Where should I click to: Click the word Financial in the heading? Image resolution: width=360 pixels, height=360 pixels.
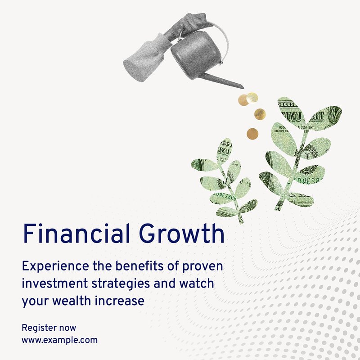[x=76, y=233]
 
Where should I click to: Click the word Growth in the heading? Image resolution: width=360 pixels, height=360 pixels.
[x=182, y=233]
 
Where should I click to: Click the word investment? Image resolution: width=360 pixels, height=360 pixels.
[x=55, y=283]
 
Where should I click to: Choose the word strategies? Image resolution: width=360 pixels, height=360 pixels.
[x=121, y=284]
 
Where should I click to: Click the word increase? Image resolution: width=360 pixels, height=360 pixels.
[x=120, y=301]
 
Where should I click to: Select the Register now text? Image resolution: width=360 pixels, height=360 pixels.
[x=49, y=328]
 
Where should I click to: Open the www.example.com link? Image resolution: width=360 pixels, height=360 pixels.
[x=59, y=340]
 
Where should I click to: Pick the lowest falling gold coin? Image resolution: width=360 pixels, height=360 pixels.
[x=252, y=134]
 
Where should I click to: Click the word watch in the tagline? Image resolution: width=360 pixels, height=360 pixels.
[x=197, y=283]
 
